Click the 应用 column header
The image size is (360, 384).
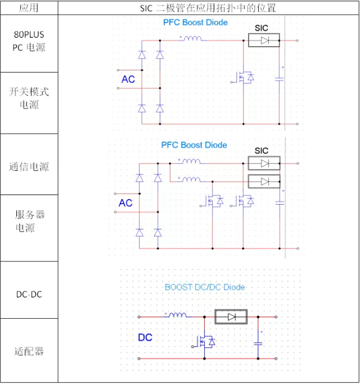point(29,7)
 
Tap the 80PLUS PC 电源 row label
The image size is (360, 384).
point(29,41)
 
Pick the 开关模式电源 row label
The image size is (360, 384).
point(29,98)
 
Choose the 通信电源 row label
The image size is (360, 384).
point(29,167)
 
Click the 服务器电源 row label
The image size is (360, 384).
point(29,221)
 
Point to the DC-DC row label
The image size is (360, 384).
point(29,294)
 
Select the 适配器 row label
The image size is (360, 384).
point(29,351)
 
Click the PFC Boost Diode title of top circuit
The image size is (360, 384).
point(195,22)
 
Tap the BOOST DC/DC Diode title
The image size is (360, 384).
point(205,287)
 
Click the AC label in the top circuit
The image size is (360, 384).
point(128,79)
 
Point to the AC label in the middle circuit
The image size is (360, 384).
point(125,202)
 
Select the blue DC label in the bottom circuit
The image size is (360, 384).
point(145,338)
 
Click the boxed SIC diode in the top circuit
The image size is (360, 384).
point(264,40)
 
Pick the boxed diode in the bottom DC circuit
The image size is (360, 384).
point(231,317)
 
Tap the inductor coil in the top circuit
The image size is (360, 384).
point(191,39)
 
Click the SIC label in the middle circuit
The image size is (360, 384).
point(262,151)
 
